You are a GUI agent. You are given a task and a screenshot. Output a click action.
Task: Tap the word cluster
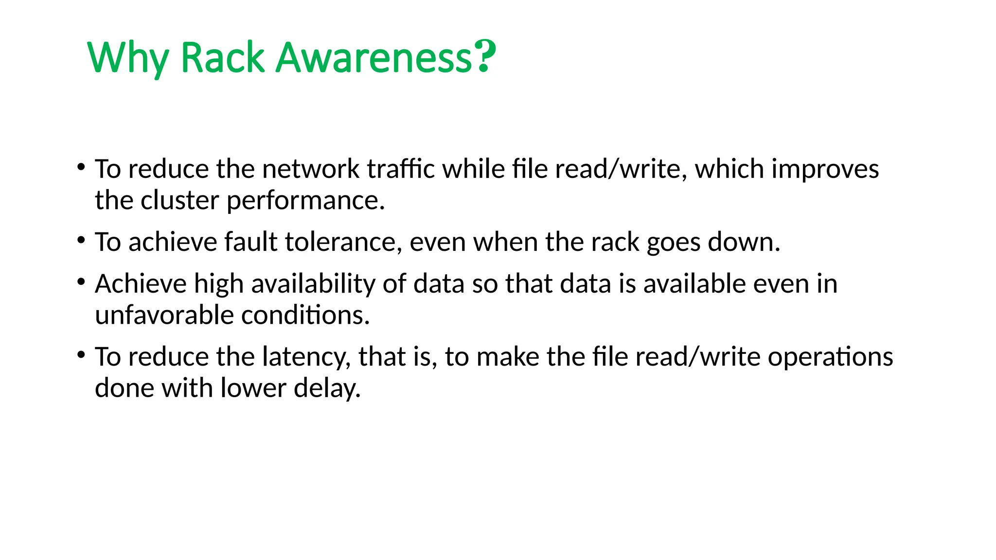coord(179,200)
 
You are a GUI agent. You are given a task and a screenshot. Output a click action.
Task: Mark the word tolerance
coord(343,242)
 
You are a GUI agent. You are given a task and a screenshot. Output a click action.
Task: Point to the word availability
coord(313,284)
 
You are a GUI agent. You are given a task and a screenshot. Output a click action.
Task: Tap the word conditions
coord(305,315)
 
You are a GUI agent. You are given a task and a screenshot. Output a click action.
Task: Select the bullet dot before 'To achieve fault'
coord(81,240)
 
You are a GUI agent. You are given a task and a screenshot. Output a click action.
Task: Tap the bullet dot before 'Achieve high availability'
coord(81,282)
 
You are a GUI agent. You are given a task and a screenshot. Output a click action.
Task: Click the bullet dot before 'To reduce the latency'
coord(81,355)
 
